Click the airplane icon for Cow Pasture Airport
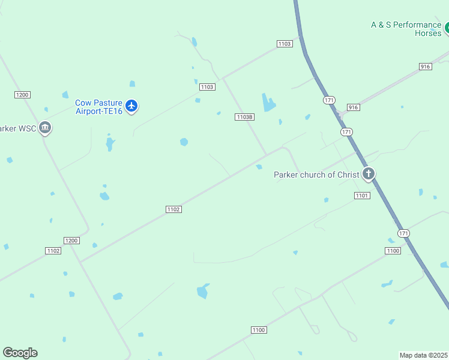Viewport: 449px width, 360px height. coord(132,107)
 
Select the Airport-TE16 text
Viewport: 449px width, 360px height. coord(98,111)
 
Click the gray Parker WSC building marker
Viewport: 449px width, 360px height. coord(45,128)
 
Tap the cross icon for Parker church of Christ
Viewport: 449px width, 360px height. coord(369,175)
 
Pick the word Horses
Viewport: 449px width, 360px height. coord(428,33)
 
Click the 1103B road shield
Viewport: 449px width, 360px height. coord(244,117)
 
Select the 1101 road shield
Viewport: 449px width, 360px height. coord(362,196)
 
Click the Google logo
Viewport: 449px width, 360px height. coord(20,352)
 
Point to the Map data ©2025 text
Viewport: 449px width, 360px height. coord(423,355)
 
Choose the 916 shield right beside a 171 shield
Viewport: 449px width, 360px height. coord(353,107)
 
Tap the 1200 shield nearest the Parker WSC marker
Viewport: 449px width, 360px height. coord(22,95)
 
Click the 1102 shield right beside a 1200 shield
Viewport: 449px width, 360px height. coord(53,250)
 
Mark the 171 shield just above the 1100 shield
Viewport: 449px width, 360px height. coord(403,233)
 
